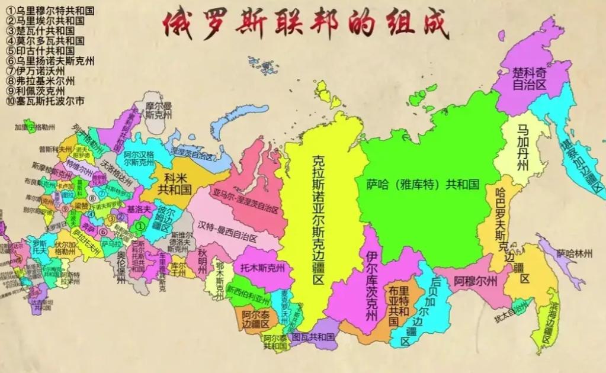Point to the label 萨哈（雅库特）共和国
click(422, 184)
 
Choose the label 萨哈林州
click(573, 254)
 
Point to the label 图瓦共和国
click(313, 337)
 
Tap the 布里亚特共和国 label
click(398, 308)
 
